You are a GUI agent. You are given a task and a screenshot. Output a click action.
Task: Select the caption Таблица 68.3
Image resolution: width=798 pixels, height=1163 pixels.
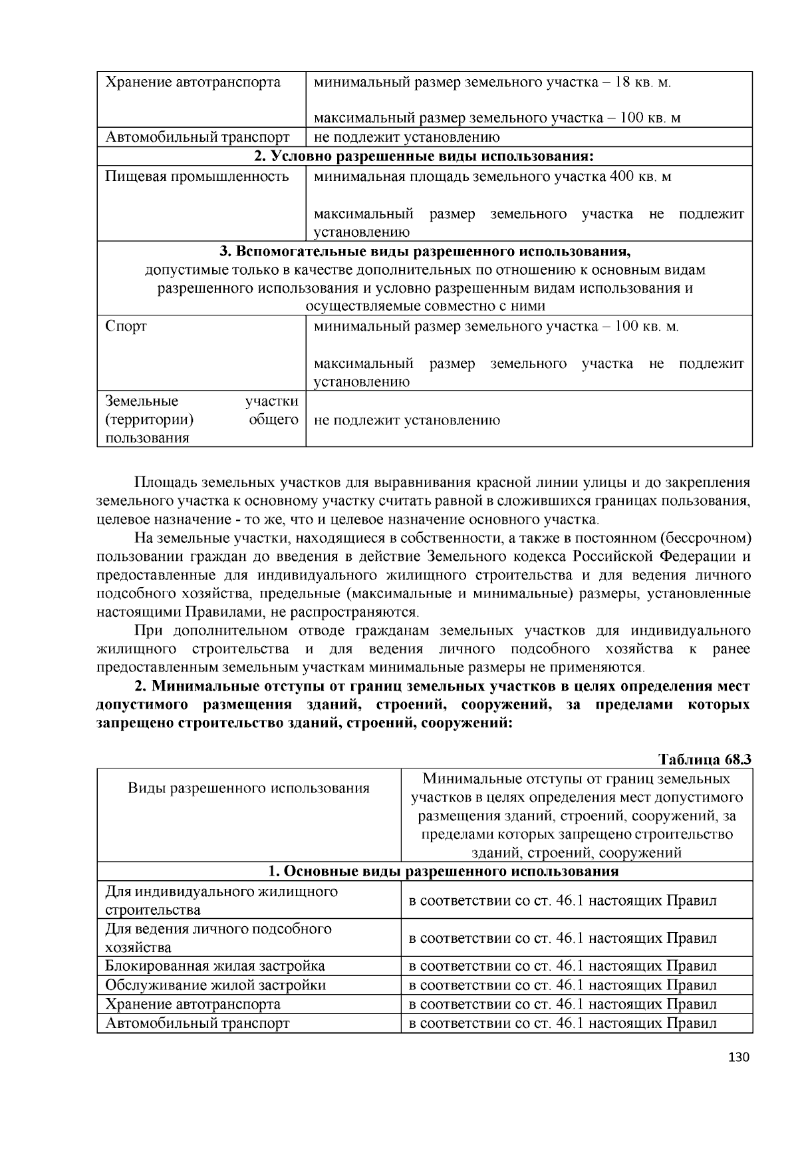tap(704, 760)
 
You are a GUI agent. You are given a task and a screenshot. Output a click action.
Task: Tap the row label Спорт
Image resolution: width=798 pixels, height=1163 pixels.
tap(126, 327)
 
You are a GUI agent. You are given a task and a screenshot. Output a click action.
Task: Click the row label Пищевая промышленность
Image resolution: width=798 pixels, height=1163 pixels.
tap(197, 177)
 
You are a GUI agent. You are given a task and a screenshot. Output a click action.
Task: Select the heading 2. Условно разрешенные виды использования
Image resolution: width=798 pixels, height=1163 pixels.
tap(424, 156)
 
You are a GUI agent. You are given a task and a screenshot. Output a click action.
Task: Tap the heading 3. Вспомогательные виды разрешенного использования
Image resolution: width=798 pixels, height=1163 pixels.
tap(424, 252)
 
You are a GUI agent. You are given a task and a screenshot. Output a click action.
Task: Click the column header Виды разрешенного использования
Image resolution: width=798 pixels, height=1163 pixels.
tap(248, 788)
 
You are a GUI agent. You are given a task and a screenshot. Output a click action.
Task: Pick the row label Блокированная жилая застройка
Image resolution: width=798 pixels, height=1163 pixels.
tap(215, 966)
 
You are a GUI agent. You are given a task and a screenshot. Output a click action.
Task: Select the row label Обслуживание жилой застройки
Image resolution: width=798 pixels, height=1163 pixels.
tap(215, 985)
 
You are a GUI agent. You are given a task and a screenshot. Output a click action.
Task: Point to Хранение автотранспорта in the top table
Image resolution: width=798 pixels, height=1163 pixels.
tap(193, 83)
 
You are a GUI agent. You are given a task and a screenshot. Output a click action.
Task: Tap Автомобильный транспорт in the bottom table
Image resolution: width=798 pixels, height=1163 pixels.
tap(198, 1023)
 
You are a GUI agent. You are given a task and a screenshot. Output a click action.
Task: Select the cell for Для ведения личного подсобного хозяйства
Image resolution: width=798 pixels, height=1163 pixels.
tap(218, 938)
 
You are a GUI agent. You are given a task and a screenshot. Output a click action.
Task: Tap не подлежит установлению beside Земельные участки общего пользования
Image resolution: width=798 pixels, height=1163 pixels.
tap(406, 420)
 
